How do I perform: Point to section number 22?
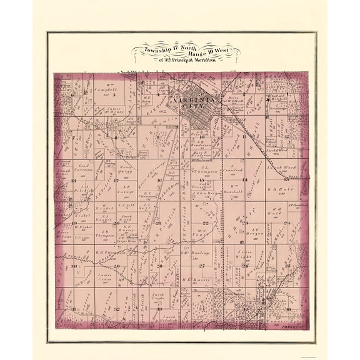pos(204,223)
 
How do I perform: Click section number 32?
pos(117,309)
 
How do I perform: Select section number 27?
pos(202,266)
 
